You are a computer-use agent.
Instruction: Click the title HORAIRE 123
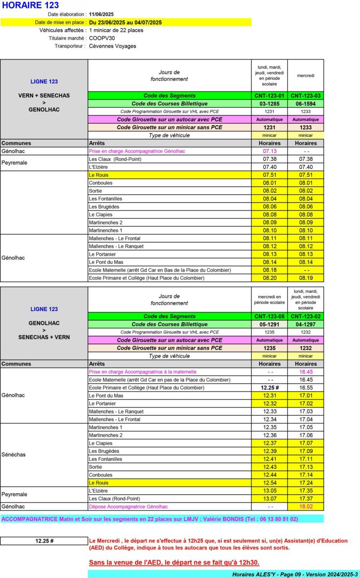click(x=31, y=5)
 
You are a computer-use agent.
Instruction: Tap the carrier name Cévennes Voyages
click(x=113, y=46)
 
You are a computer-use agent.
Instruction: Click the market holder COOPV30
click(x=102, y=38)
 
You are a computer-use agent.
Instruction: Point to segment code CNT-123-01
click(x=270, y=96)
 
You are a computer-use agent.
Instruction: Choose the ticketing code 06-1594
click(x=306, y=104)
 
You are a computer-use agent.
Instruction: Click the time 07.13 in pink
click(x=270, y=151)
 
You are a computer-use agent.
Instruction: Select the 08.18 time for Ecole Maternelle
click(x=270, y=270)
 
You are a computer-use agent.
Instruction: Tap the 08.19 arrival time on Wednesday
click(x=306, y=278)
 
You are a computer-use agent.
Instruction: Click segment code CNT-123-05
click(x=270, y=316)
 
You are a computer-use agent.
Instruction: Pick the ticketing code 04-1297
click(x=306, y=324)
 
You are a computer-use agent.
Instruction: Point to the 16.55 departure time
click(x=306, y=388)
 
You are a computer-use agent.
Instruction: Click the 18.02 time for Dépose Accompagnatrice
click(x=306, y=507)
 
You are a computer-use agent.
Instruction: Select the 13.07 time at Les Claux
click(x=270, y=499)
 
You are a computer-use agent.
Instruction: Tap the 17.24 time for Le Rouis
click(x=306, y=483)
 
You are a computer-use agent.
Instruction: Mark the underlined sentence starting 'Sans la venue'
click(x=174, y=562)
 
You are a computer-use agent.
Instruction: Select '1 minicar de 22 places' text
click(x=116, y=30)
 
